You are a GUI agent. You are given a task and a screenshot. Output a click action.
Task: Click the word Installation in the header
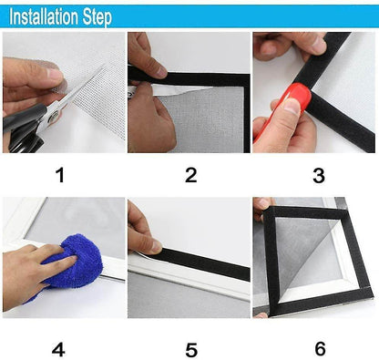(44, 17)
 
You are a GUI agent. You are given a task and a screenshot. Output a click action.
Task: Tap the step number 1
(60, 175)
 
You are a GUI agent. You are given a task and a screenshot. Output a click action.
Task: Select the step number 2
(191, 175)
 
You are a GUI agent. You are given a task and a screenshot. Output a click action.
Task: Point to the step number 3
(319, 176)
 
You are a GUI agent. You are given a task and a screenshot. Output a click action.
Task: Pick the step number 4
(58, 350)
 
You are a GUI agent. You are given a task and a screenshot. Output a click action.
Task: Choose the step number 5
(191, 350)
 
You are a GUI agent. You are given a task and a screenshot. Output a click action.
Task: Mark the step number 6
(321, 349)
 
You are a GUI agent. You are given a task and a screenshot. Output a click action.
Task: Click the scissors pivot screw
(55, 116)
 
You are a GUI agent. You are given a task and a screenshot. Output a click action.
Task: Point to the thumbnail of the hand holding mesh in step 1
(56, 75)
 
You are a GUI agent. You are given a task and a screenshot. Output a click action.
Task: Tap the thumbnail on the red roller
(292, 106)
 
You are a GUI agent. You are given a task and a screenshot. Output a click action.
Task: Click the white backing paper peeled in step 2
(170, 90)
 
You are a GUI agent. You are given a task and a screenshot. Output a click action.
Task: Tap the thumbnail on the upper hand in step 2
(160, 72)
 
